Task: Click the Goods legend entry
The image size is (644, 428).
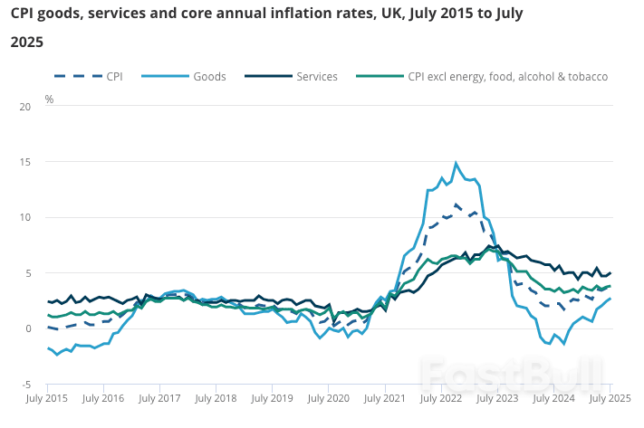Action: [x=209, y=77]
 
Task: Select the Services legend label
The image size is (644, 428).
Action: [x=316, y=77]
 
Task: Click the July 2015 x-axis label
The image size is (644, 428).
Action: [x=47, y=398]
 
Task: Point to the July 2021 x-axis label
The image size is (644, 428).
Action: [x=385, y=398]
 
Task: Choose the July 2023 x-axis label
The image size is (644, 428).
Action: [x=497, y=398]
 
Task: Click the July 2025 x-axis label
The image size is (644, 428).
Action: [x=610, y=398]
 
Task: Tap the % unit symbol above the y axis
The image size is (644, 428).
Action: [x=49, y=100]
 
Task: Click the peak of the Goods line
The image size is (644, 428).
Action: [x=456, y=163]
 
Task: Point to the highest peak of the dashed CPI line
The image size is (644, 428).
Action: [x=456, y=204]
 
